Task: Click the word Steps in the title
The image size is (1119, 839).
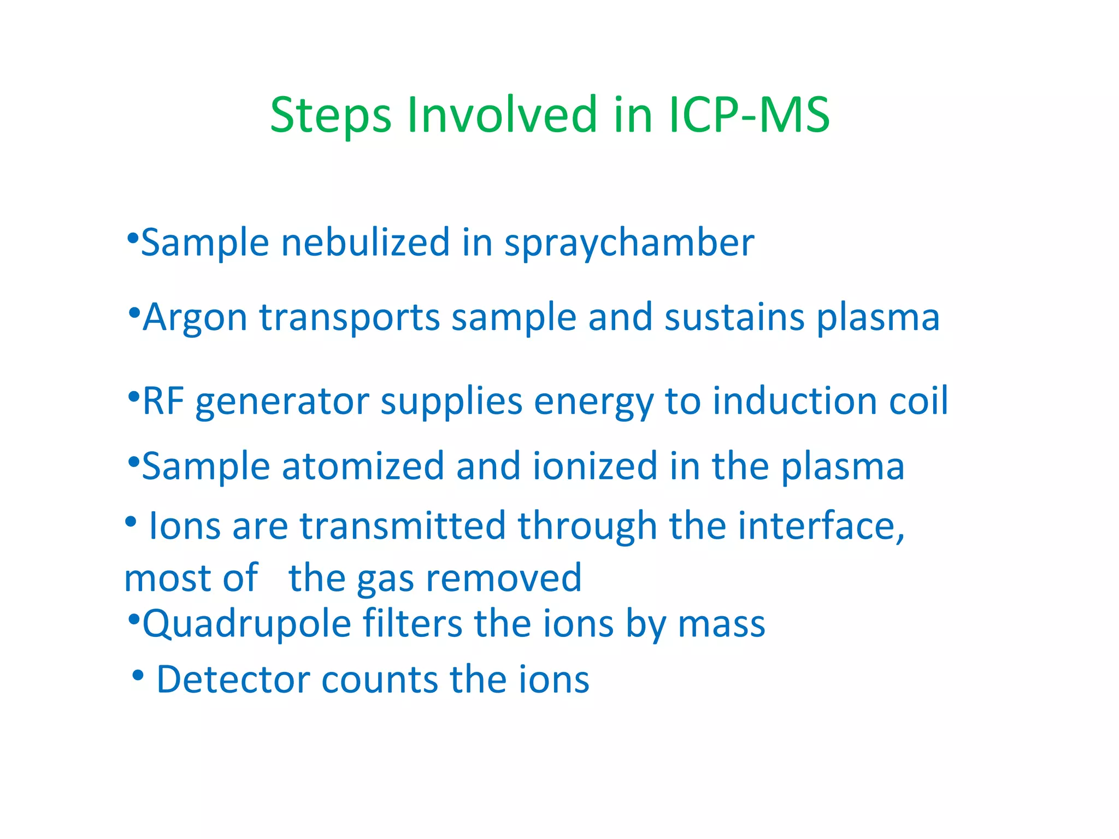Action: [x=331, y=116]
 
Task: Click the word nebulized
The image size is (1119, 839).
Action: [x=365, y=243]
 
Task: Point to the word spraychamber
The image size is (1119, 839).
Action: [x=629, y=244]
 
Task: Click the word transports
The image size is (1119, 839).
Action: [x=349, y=318]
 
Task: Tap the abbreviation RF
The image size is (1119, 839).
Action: [x=163, y=401]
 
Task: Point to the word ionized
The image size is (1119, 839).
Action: [x=595, y=466]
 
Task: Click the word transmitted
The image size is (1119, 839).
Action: [x=403, y=525]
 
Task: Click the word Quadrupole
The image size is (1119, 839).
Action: [x=246, y=624]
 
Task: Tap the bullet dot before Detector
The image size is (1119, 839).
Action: [x=138, y=676]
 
